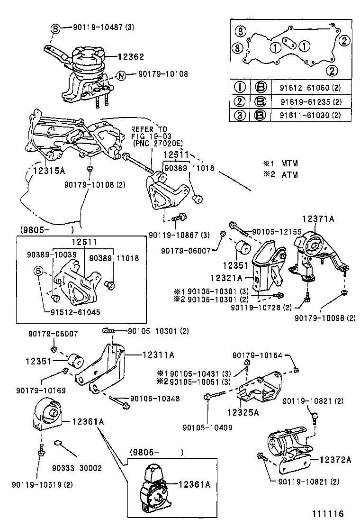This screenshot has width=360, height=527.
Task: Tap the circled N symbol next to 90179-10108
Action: [121, 74]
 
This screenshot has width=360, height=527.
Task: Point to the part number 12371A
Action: [318, 218]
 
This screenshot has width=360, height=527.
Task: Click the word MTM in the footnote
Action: [290, 164]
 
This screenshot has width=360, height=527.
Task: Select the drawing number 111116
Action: [327, 514]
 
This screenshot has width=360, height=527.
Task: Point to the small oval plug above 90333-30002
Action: [59, 443]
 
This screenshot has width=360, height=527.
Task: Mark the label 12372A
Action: [335, 460]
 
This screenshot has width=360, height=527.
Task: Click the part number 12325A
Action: [243, 412]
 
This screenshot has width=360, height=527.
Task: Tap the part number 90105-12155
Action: [278, 231]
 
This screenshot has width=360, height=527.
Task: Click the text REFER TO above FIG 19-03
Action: [149, 129]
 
